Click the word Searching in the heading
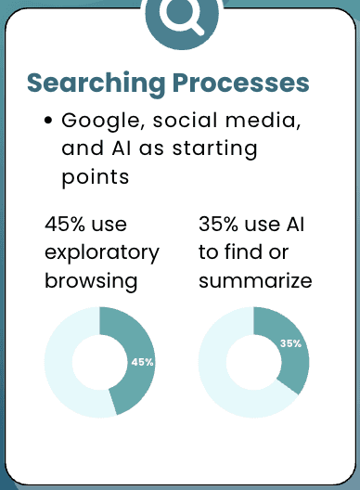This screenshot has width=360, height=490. pyautogui.click(x=96, y=84)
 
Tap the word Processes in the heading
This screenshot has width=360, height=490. pyautogui.click(x=240, y=83)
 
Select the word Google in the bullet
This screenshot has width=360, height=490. pyautogui.click(x=101, y=122)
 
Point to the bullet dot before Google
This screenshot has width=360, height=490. pyautogui.click(x=48, y=121)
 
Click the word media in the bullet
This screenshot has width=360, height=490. pyautogui.click(x=263, y=121)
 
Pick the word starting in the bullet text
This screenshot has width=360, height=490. pyautogui.click(x=215, y=149)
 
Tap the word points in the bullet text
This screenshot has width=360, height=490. pyautogui.click(x=96, y=177)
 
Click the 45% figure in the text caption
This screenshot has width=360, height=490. pyautogui.click(x=64, y=224)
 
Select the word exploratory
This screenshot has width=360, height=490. pyautogui.click(x=102, y=253)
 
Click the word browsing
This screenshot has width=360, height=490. pyautogui.click(x=91, y=281)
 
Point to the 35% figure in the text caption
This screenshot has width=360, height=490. pyautogui.click(x=218, y=224)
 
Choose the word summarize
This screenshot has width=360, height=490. pyautogui.click(x=255, y=280)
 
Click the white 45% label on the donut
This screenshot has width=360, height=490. pyautogui.click(x=143, y=362)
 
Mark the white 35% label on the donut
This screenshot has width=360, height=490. pyautogui.click(x=290, y=343)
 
